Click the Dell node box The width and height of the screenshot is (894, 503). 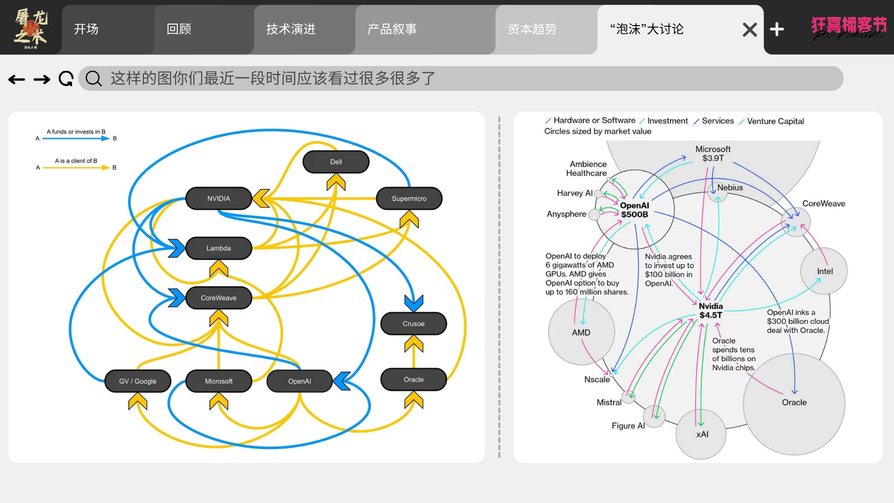[336, 162]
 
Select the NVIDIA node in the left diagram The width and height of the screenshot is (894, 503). [218, 198]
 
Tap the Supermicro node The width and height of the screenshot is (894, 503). [409, 198]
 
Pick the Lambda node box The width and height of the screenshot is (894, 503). [218, 248]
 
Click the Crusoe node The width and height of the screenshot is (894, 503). [413, 324]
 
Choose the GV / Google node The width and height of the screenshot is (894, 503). [137, 381]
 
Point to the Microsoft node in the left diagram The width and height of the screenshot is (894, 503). [218, 381]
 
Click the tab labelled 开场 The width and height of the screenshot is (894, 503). [86, 29]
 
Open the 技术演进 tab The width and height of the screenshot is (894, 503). [291, 29]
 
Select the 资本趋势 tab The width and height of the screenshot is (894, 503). [532, 29]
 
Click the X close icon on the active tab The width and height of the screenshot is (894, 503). [750, 30]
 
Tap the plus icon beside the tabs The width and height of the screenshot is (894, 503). [777, 29]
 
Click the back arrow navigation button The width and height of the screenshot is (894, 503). [17, 80]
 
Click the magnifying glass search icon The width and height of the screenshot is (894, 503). [94, 79]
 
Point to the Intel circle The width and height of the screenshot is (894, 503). [824, 271]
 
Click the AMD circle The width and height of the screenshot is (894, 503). [581, 332]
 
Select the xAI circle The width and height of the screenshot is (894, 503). [702, 434]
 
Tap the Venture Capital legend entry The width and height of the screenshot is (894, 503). [775, 121]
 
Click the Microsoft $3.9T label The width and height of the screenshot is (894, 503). [713, 154]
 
